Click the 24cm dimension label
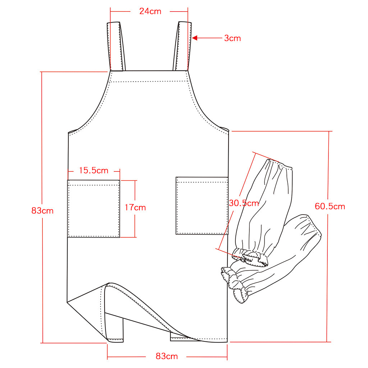point(150,11)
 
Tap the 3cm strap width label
point(233,38)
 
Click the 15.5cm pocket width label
point(93,170)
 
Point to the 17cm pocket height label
point(135,207)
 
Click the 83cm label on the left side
point(42,211)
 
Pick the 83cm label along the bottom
point(167,356)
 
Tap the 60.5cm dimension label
point(330,206)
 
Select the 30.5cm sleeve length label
point(244,203)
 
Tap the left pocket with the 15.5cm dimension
point(93,208)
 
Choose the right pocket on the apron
point(202,206)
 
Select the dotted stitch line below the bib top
point(149,82)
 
